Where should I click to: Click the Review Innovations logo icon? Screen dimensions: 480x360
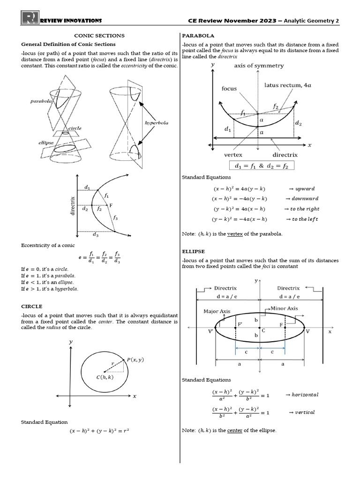(30, 18)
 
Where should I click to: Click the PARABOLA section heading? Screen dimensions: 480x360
(198, 36)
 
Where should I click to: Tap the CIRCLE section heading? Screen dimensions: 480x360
(31, 306)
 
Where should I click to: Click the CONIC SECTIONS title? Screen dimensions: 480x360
(99, 36)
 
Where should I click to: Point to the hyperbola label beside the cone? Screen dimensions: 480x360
(157, 123)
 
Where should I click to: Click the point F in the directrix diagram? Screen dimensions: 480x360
(111, 205)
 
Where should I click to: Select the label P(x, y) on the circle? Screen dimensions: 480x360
(135, 360)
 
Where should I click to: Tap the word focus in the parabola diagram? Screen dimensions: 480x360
(230, 88)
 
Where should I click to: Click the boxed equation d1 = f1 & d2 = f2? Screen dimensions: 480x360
(262, 165)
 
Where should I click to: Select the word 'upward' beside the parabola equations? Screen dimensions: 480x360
(305, 188)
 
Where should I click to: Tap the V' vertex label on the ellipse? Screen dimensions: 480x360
(210, 331)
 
